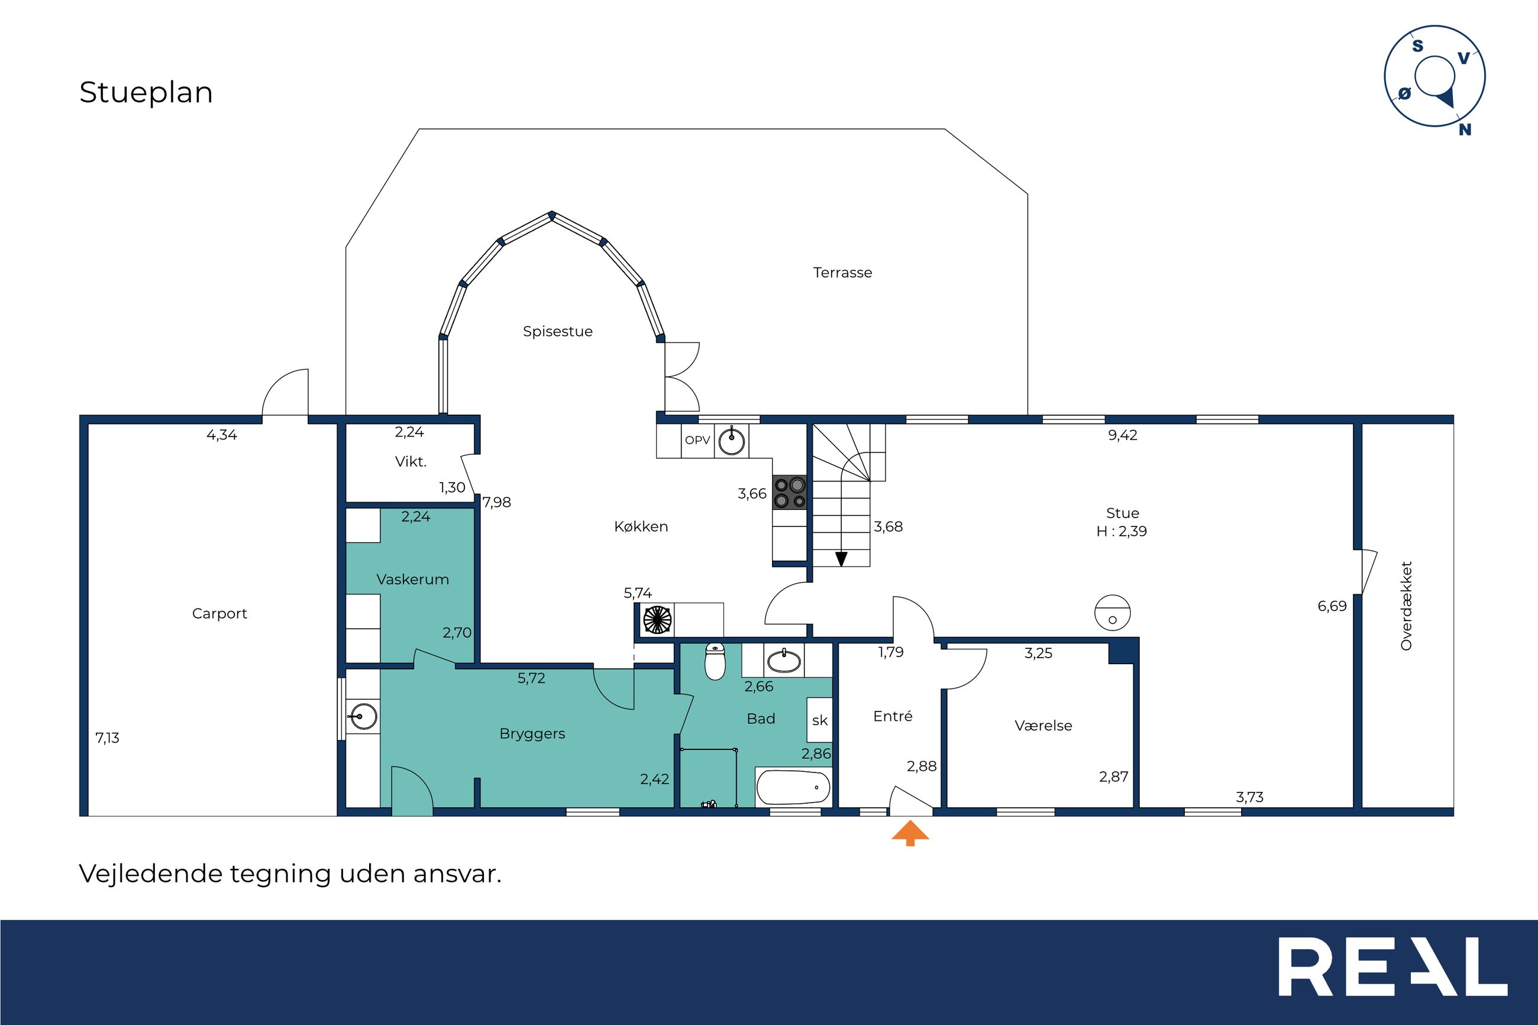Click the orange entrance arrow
[x=910, y=833]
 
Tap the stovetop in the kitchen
[x=790, y=492]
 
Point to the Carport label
[x=219, y=614]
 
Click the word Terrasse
[x=842, y=273]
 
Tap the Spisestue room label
[x=558, y=331]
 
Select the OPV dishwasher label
[x=697, y=441]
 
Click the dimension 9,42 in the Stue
[x=1122, y=435]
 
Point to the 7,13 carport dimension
[x=107, y=738]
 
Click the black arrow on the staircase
[x=841, y=559]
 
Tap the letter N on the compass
[x=1465, y=130]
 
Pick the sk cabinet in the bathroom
[x=820, y=720]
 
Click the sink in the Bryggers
[x=362, y=716]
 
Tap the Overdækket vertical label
[x=1406, y=606]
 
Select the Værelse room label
[x=1043, y=726]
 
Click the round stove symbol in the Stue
[x=1113, y=613]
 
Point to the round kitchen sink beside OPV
[x=731, y=441]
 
